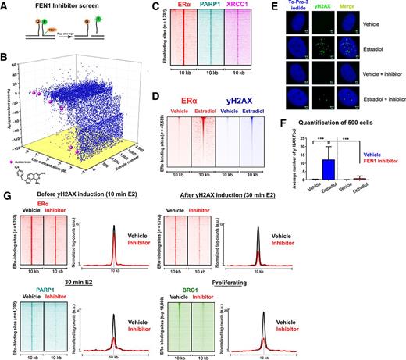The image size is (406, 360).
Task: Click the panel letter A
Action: (6, 6)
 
